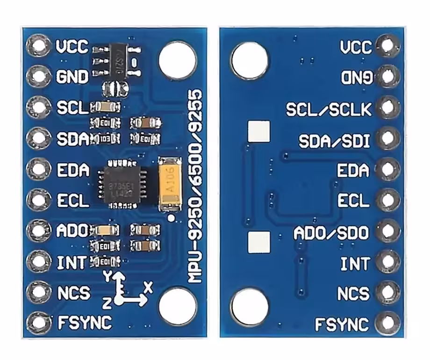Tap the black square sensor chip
point(121,183)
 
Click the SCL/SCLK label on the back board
point(329,109)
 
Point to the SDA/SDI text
point(335,140)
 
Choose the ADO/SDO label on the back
point(331,232)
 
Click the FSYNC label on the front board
point(84,322)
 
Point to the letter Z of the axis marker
point(107,304)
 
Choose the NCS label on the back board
point(353,294)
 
